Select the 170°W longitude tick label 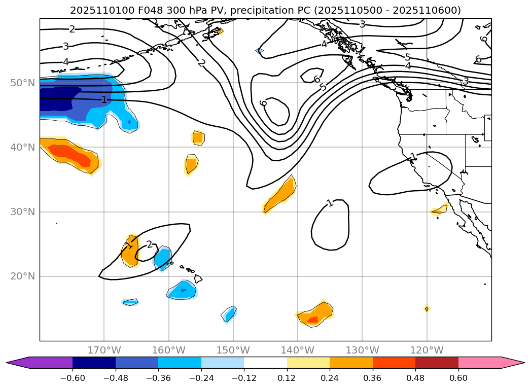(x=104, y=350)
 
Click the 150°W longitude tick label (x=233, y=350)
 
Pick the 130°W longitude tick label (x=362, y=350)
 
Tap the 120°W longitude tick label (x=427, y=350)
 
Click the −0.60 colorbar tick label (x=73, y=378)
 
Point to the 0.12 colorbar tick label (x=287, y=378)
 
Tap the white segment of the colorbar (x=265, y=363)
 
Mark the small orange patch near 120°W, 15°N (x=427, y=308)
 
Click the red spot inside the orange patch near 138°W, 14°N (x=312, y=320)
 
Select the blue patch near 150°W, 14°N (x=229, y=314)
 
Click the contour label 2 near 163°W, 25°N (x=149, y=244)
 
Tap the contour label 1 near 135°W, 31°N (x=330, y=203)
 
